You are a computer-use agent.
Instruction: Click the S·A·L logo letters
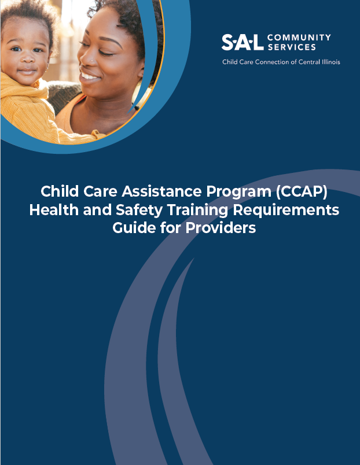243,42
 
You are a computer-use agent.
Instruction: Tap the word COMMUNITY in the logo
299,38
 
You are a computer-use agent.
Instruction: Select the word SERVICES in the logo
292,47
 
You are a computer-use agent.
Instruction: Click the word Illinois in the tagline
331,62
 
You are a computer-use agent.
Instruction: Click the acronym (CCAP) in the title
302,191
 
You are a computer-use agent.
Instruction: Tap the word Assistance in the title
161,191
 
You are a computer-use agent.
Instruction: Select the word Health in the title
54,210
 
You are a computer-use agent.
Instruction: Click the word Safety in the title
139,211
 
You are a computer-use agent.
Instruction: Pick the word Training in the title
198,211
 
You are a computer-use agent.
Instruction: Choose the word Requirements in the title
286,211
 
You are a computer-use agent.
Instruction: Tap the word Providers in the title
221,228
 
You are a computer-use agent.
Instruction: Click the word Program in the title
239,193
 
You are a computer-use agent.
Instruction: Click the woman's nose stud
93,61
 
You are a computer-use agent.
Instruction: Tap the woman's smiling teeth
89,76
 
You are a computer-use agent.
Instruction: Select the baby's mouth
27,72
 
